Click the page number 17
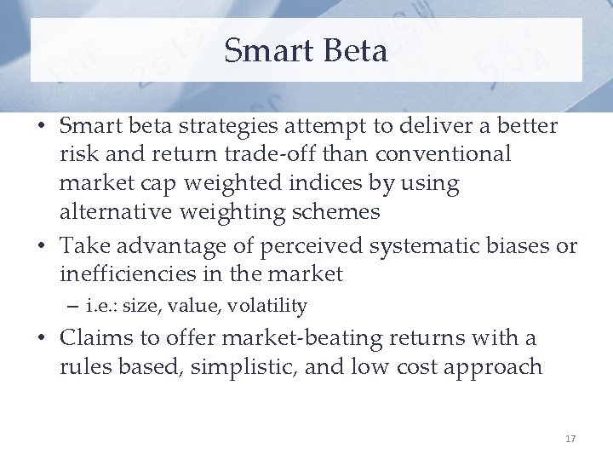tap(570, 439)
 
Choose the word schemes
tap(337, 210)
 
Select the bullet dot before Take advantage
tap(42, 247)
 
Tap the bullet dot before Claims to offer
tap(42, 339)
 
